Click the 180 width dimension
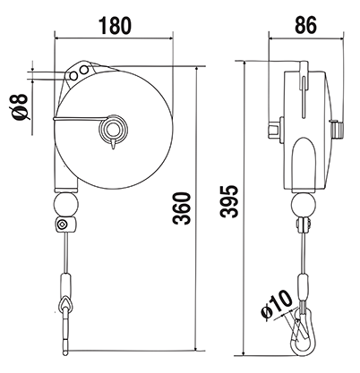pos(115,25)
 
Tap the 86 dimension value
pos(305,24)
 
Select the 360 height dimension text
pos(181,208)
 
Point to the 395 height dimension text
pos(229,201)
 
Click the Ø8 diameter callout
pos(21,106)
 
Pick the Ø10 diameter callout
pos(276,305)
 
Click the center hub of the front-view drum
pos(113,129)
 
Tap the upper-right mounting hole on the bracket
pos(84,70)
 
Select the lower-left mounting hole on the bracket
pos(73,77)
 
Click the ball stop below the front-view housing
pos(66,205)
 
